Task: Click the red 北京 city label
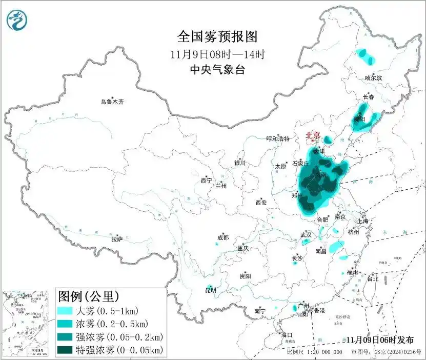click(313, 135)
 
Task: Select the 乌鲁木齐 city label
click(112, 102)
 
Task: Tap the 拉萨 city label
click(117, 239)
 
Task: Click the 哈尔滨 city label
click(373, 78)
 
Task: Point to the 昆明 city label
click(211, 290)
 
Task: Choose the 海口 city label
click(287, 335)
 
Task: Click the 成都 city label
click(222, 237)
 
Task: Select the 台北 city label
click(372, 279)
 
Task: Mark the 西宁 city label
click(206, 181)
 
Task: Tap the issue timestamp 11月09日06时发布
click(379, 340)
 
